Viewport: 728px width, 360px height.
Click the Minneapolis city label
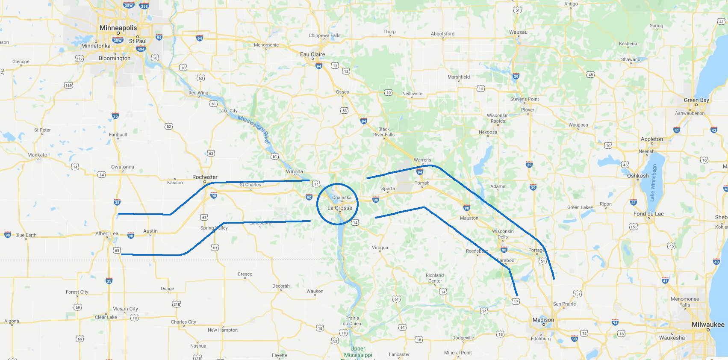click(x=118, y=28)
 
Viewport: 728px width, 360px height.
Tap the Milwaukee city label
click(x=708, y=325)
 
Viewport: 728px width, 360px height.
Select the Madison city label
click(x=543, y=320)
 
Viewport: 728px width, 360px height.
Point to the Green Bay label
click(x=696, y=100)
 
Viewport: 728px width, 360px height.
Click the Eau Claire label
click(x=312, y=54)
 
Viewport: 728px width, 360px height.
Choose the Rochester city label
click(x=205, y=177)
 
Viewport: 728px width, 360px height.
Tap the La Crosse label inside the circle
click(x=340, y=208)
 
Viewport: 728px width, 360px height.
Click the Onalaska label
click(x=342, y=198)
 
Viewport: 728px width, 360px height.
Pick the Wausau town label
click(x=518, y=32)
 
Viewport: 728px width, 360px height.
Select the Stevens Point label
click(x=525, y=99)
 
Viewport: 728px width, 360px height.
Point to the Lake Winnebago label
click(x=653, y=183)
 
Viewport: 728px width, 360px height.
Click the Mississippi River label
click(x=254, y=129)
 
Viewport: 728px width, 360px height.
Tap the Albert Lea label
click(x=106, y=233)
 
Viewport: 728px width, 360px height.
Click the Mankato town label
click(x=37, y=155)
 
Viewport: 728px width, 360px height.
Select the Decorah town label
click(x=281, y=286)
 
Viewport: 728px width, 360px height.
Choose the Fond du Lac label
click(x=648, y=214)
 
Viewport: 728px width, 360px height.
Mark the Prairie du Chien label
click(x=353, y=321)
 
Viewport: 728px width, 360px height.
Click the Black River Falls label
click(x=384, y=132)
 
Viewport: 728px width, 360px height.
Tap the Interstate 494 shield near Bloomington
click(x=141, y=49)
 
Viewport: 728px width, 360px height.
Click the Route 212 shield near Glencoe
click(x=79, y=59)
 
